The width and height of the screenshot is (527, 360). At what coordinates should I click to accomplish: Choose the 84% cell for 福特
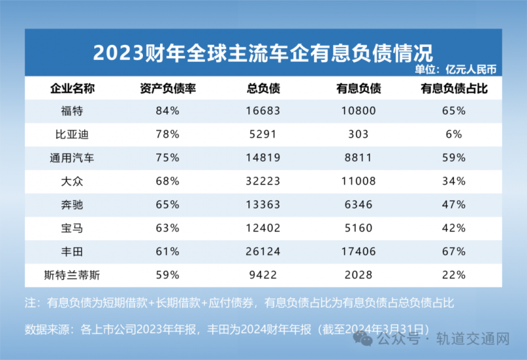[x=167, y=111]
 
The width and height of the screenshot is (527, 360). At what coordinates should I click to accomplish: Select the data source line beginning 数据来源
[x=227, y=328]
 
